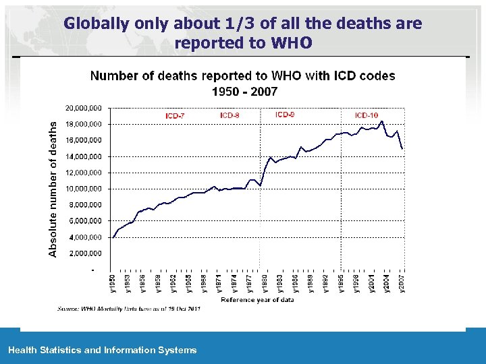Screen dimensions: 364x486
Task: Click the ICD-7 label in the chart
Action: (x=175, y=116)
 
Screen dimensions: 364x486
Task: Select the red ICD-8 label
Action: (x=230, y=115)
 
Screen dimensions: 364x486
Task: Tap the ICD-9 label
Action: (x=285, y=115)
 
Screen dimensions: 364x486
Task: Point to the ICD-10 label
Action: (x=367, y=115)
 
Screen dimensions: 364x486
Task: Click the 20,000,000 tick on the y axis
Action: (x=84, y=108)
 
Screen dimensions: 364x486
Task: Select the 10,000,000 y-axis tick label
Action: (x=84, y=189)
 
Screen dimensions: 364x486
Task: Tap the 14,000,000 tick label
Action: (x=84, y=156)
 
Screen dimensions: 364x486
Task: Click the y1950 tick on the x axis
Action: (x=112, y=283)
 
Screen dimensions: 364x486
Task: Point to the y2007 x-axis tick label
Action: (x=402, y=283)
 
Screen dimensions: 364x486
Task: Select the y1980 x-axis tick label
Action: (x=265, y=283)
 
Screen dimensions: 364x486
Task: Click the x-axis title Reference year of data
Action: (x=257, y=300)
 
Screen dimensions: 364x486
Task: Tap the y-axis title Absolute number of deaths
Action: (x=53, y=188)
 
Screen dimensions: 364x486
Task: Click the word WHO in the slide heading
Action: (x=294, y=43)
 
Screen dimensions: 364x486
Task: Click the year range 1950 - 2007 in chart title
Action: (x=244, y=91)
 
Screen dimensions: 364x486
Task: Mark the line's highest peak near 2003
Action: (x=382, y=121)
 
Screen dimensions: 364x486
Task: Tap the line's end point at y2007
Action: (x=402, y=148)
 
